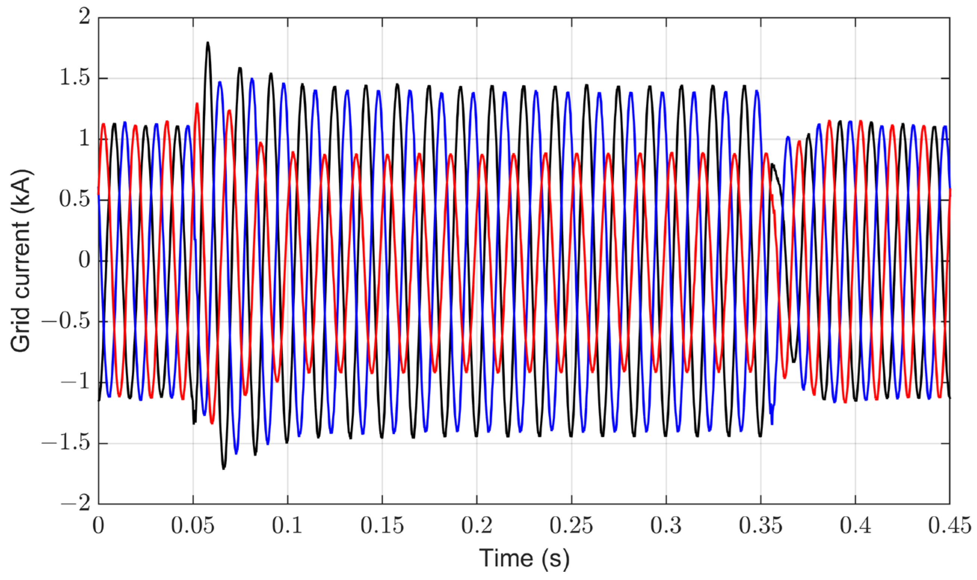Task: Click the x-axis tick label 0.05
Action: [192, 526]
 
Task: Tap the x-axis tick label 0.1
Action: [287, 526]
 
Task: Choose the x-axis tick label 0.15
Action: [382, 526]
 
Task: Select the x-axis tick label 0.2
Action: [477, 526]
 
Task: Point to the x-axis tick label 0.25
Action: [571, 526]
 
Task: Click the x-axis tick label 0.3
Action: [666, 526]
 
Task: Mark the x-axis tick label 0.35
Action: [761, 526]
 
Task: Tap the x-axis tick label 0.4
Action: [856, 526]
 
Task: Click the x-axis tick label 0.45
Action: [950, 526]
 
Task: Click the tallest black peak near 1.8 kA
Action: [208, 43]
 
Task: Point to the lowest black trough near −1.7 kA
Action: [224, 468]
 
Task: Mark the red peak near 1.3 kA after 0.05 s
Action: [197, 103]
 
